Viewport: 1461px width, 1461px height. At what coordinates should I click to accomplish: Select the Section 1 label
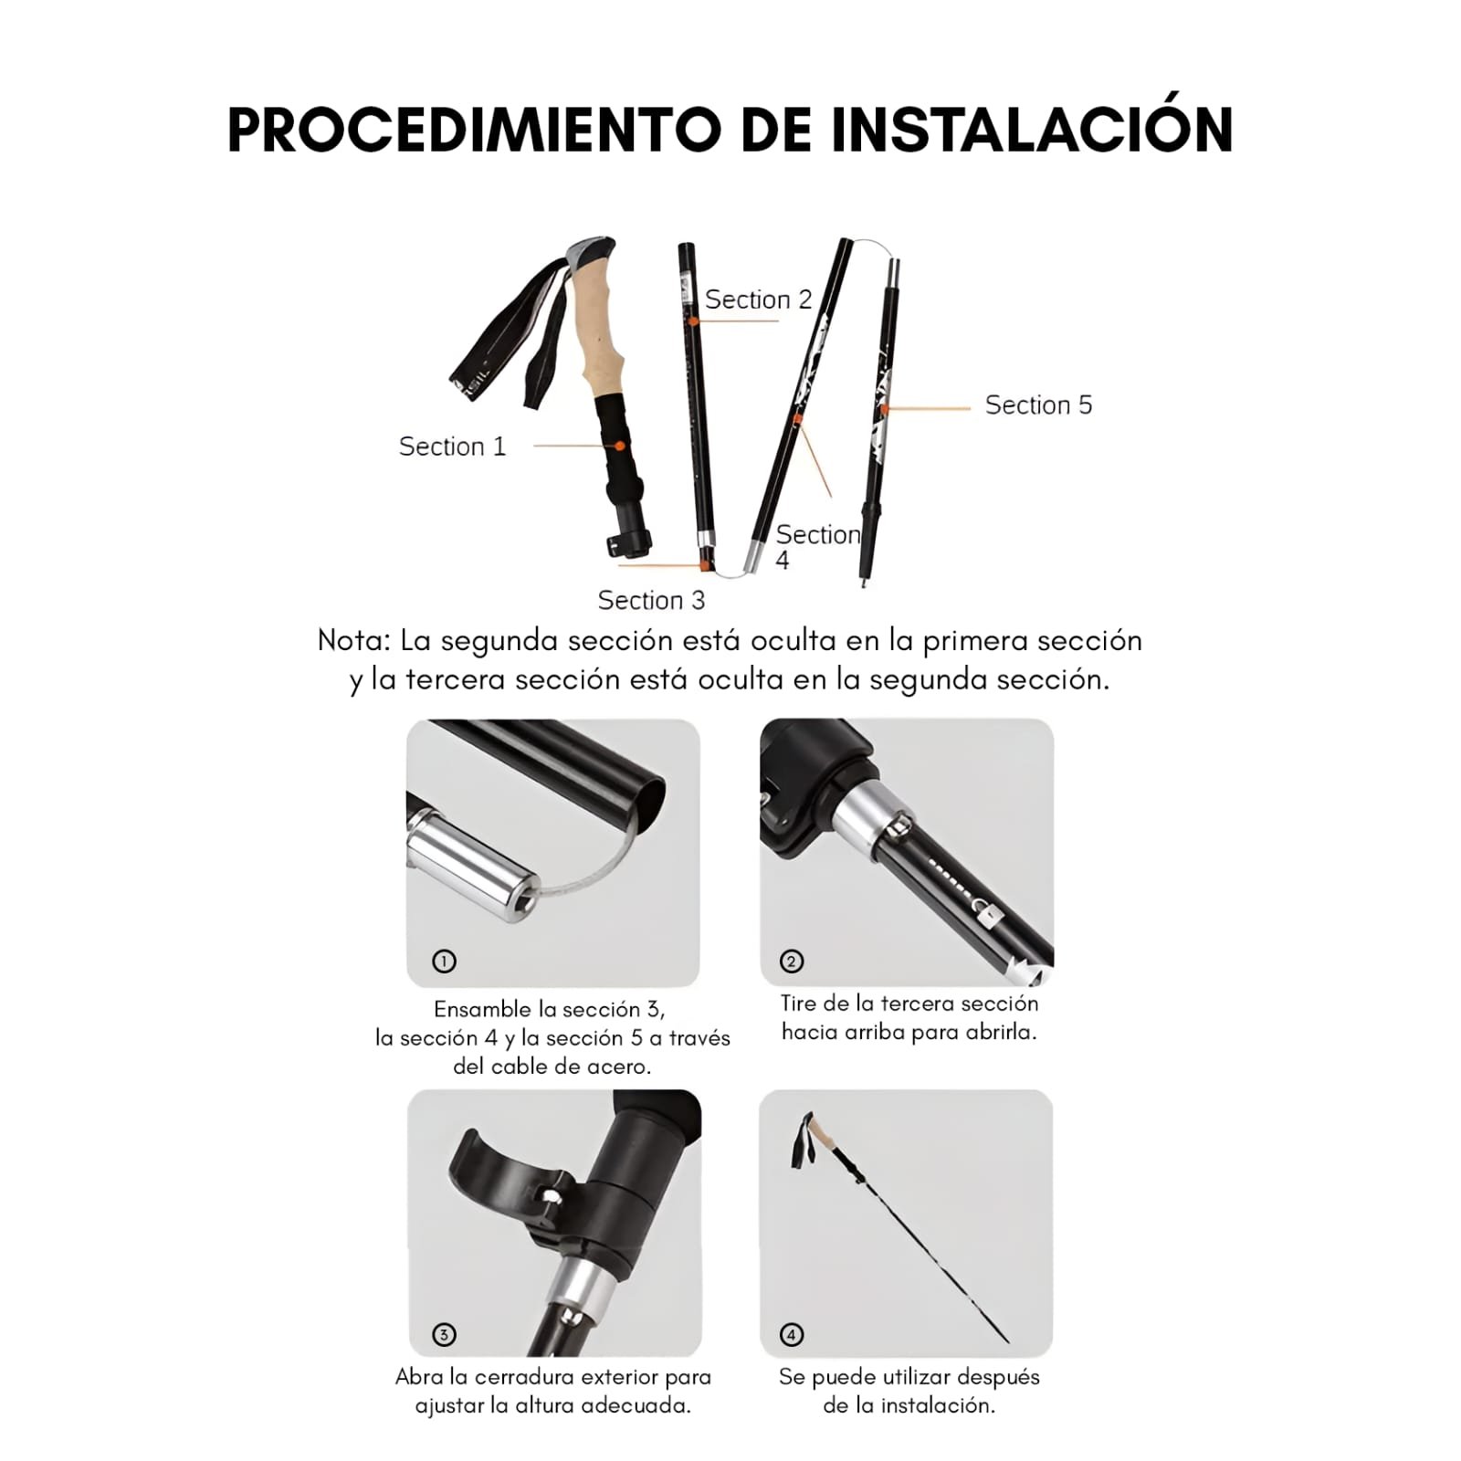(452, 447)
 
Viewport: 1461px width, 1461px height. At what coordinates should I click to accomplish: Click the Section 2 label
(758, 300)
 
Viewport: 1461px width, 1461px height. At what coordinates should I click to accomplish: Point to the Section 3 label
(651, 600)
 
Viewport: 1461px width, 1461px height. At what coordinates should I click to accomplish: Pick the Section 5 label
(1038, 405)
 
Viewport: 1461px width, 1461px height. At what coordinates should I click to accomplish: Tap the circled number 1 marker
(444, 961)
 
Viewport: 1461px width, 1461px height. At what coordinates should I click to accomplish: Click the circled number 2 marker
(792, 961)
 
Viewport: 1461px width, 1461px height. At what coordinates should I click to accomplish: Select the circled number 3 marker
(444, 1335)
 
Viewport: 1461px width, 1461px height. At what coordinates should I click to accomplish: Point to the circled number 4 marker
(792, 1335)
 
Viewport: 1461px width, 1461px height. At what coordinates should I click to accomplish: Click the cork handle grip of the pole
(598, 329)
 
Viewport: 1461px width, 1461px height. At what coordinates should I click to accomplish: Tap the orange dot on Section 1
(620, 446)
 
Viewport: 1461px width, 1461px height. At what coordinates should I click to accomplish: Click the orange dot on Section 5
(884, 409)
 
